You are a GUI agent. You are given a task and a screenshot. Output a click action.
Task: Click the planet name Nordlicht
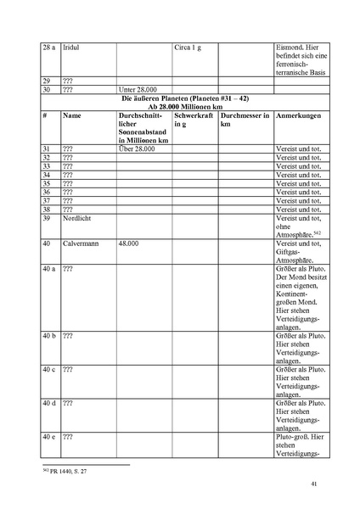(78, 218)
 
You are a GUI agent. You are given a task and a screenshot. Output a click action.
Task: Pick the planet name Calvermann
(82, 244)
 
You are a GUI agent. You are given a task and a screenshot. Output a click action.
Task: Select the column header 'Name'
(72, 115)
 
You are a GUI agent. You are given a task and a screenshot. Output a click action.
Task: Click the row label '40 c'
(49, 370)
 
